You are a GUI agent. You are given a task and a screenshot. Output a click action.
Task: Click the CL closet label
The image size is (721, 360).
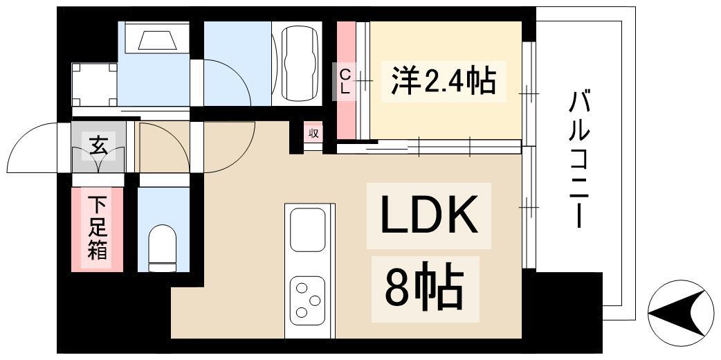click(345, 81)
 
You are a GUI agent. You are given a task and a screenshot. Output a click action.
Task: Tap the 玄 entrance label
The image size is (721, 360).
click(98, 146)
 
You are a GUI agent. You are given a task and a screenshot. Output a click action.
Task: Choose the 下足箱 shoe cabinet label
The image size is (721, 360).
click(98, 229)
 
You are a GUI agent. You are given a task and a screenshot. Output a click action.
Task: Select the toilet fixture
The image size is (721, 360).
click(163, 246)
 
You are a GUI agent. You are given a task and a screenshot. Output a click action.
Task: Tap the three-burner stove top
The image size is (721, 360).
click(308, 298)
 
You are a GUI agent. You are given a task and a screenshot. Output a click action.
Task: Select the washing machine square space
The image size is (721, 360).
click(94, 84)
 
